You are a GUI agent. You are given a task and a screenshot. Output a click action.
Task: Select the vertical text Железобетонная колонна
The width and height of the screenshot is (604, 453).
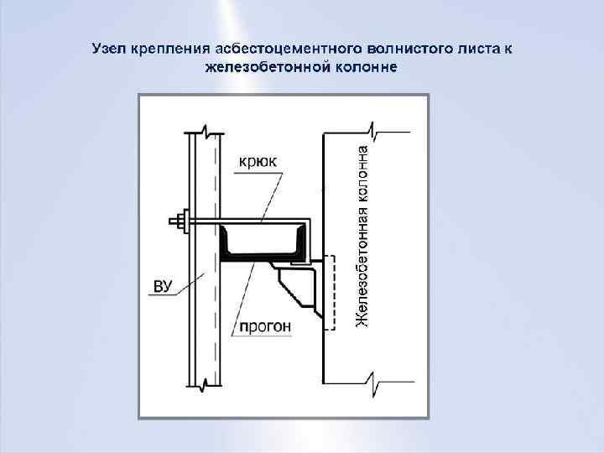click(x=362, y=237)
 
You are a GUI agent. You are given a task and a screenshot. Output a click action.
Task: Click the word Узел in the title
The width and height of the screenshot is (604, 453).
click(x=109, y=49)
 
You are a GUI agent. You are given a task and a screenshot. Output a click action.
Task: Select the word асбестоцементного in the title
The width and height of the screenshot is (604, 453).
click(x=271, y=49)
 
